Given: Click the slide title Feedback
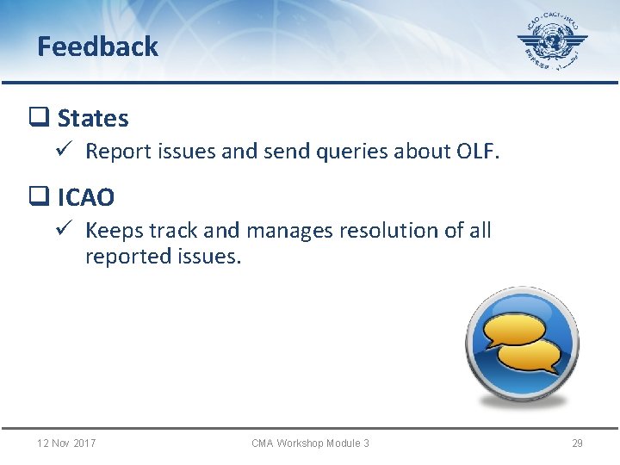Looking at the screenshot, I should (x=97, y=46).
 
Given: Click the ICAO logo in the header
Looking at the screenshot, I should (x=552, y=43).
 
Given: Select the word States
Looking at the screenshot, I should (x=93, y=118).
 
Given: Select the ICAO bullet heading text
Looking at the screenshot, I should (x=85, y=197).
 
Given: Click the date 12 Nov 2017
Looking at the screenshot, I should (x=66, y=443).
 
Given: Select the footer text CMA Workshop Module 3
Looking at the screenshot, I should (x=310, y=443).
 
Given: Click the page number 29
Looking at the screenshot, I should (x=577, y=443).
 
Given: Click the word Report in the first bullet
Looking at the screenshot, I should (x=115, y=152).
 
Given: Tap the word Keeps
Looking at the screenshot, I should (x=114, y=231).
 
